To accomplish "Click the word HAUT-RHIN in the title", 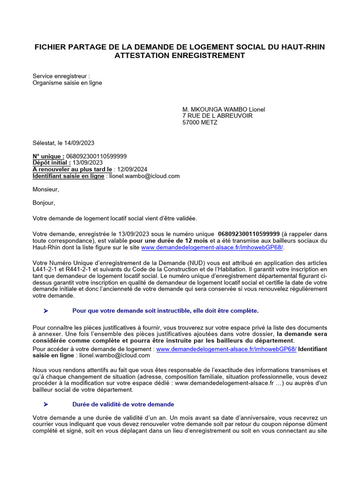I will (301, 47).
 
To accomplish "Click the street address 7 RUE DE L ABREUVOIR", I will (217, 116).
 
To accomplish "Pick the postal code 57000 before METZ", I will (192, 123).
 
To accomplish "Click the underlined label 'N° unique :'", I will (48, 156).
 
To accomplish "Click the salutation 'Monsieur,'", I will (46, 189).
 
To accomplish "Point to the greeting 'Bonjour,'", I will (44, 203).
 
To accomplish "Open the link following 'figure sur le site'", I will (212, 247).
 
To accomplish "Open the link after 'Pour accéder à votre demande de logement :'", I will (226, 349).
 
